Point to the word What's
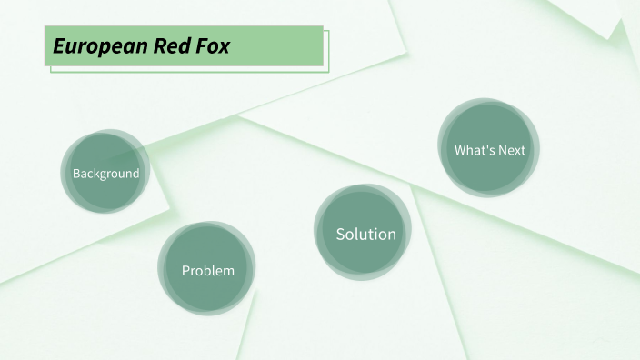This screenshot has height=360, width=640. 475,150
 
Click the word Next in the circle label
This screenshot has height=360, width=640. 512,150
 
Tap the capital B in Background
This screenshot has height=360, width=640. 76,174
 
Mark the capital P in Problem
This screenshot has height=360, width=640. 185,270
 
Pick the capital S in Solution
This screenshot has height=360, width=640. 341,234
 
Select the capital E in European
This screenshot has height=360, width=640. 58,46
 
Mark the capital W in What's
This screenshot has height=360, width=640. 461,150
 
